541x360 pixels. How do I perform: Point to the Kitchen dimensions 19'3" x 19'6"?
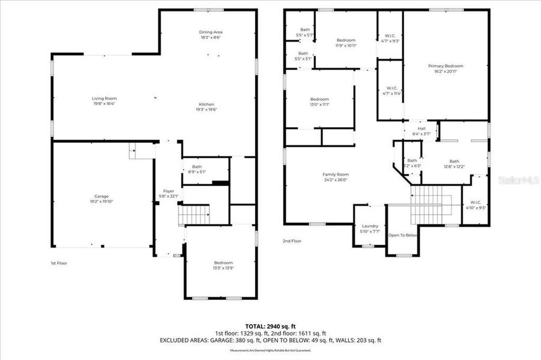pos(207,109)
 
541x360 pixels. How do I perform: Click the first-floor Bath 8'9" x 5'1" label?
pos(197,169)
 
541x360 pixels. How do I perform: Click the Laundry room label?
pos(369,228)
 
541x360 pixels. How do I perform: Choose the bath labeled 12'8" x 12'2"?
pos(454,163)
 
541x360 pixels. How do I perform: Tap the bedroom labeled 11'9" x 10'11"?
pos(345,43)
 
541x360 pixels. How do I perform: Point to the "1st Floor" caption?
pos(59,263)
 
